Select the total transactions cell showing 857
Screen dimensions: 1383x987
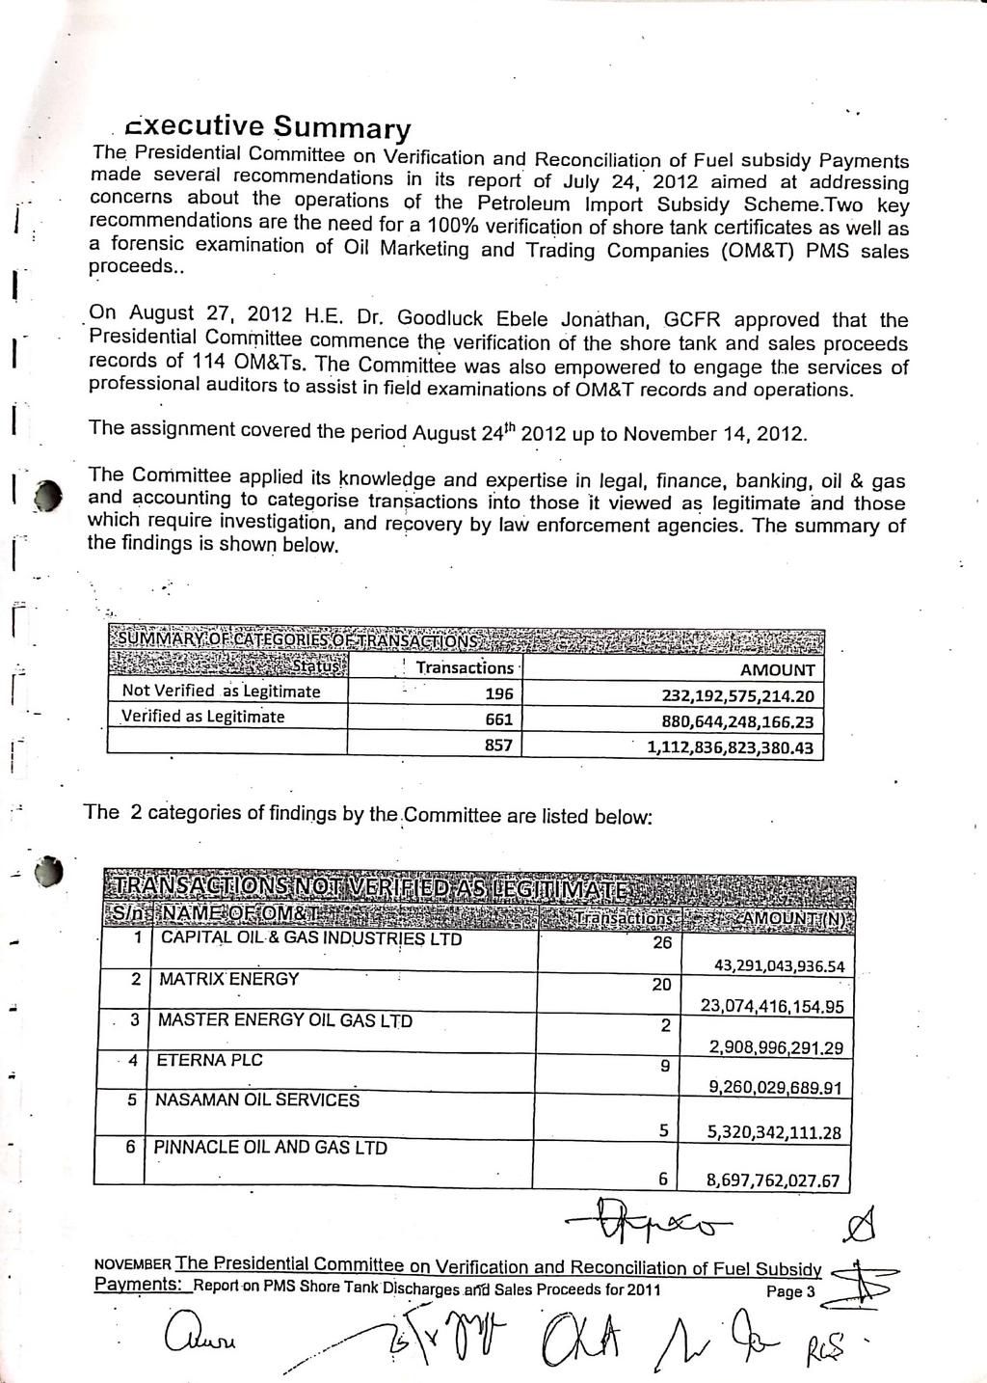(x=498, y=746)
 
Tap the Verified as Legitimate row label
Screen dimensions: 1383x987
(x=202, y=717)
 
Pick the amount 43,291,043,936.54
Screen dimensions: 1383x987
(x=779, y=966)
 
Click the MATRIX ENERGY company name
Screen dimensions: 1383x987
(x=228, y=979)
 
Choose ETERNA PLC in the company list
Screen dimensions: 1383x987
(x=209, y=1060)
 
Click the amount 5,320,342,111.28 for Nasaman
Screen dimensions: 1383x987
(x=774, y=1133)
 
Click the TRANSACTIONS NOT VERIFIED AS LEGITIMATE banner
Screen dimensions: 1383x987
(x=376, y=888)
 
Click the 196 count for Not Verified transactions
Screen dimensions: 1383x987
(x=499, y=694)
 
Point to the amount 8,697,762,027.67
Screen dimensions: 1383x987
(x=773, y=1180)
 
